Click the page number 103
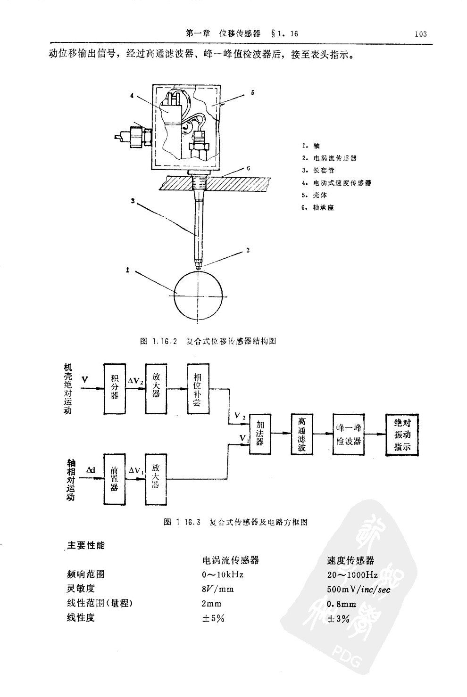(x=420, y=34)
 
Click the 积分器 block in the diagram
(x=114, y=388)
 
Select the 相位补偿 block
(x=198, y=388)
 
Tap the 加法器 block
(x=260, y=434)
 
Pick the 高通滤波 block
(x=302, y=434)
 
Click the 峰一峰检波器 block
(x=349, y=434)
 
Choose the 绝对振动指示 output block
(x=402, y=434)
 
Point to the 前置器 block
(x=114, y=479)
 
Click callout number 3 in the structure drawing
(x=133, y=201)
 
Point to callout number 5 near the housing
(x=253, y=93)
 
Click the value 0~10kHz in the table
(x=223, y=574)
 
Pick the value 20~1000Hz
(x=352, y=574)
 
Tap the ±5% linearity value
(x=213, y=618)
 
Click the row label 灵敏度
(x=81, y=588)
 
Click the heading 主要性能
(x=86, y=545)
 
